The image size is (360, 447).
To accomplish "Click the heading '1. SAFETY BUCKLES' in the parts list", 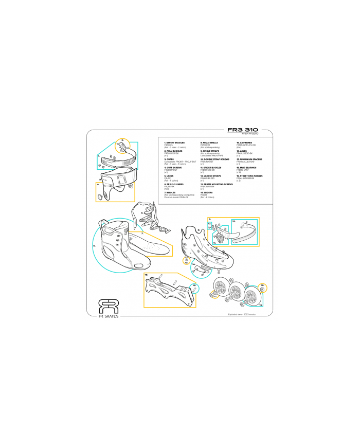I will coord(174,141).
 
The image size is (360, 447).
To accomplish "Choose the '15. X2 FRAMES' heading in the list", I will coord(244,141).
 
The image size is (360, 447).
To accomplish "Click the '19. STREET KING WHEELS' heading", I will coord(249,175).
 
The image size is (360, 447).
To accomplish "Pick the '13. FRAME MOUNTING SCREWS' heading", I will coord(217,183).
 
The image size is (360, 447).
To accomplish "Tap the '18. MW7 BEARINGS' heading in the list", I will coord(246,167).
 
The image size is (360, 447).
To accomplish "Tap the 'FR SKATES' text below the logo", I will coord(109,316).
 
